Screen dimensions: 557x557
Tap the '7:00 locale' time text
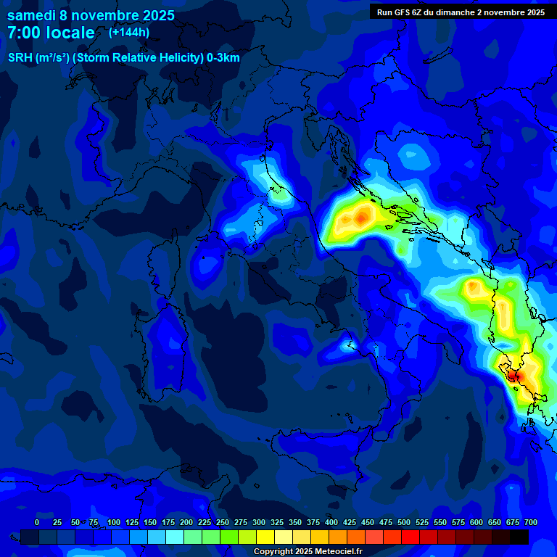[51, 33]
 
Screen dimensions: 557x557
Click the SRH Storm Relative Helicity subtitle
[124, 58]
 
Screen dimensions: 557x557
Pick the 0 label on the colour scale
[37, 522]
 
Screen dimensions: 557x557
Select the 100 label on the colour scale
[114, 522]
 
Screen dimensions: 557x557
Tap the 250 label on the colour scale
[223, 522]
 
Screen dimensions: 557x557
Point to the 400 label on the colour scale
[331, 522]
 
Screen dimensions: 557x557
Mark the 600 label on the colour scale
[476, 522]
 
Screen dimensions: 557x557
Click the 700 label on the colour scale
[531, 522]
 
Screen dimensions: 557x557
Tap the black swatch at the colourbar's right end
[519, 537]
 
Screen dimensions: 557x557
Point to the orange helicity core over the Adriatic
[360, 216]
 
